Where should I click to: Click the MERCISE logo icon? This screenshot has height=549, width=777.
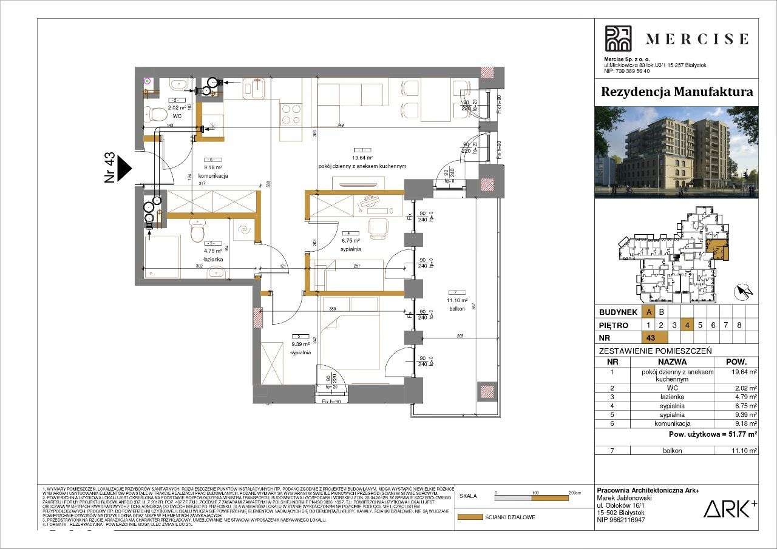coord(619,38)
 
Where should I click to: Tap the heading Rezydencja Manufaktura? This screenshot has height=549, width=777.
coord(676,92)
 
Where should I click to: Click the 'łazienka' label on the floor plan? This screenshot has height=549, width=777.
coord(213,259)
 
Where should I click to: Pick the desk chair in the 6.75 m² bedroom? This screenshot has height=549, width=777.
coord(379,227)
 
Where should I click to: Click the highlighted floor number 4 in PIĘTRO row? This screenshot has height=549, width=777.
coord(687,325)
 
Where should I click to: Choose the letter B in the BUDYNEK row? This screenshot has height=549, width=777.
coord(662,312)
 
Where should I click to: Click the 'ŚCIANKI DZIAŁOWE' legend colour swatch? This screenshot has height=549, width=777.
coord(468,517)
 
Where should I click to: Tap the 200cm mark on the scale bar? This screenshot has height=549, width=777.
coord(570,493)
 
